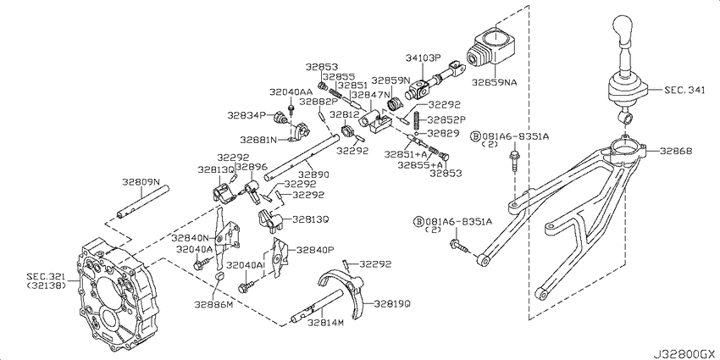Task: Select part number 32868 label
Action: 676,151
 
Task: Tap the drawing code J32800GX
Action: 684,354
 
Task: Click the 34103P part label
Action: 423,58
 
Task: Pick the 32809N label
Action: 141,181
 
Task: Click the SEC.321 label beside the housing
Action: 46,277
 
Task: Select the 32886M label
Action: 213,304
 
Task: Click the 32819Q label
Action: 392,303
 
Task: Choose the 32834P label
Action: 246,115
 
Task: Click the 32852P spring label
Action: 446,119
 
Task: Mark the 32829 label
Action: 443,133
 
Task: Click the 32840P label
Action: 314,250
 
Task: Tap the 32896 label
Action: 252,168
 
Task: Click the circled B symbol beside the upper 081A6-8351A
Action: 476,136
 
